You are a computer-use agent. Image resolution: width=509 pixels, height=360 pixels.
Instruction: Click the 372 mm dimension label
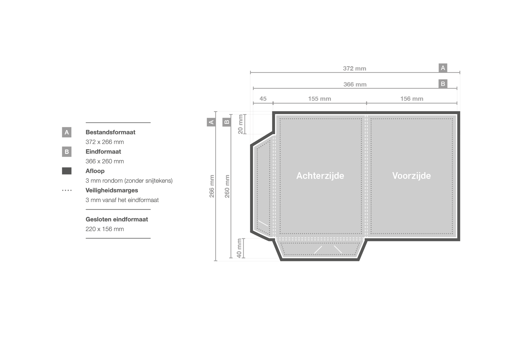pyautogui.click(x=355, y=69)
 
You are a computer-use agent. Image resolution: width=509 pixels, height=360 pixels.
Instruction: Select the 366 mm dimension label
pyautogui.click(x=355, y=84)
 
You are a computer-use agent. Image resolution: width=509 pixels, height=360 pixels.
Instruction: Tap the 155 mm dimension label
pyautogui.click(x=320, y=99)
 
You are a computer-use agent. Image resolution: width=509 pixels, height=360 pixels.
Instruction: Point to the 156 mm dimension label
pyautogui.click(x=411, y=99)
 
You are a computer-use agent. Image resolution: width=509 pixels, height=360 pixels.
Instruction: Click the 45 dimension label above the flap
pyautogui.click(x=263, y=99)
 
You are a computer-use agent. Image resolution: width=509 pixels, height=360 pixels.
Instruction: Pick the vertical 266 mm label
pyautogui.click(x=212, y=186)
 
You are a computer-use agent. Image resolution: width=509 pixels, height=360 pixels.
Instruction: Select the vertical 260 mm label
pyautogui.click(x=227, y=186)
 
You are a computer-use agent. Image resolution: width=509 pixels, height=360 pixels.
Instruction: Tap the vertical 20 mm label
pyautogui.click(x=240, y=124)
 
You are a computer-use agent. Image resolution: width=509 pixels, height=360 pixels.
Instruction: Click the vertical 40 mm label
pyautogui.click(x=239, y=248)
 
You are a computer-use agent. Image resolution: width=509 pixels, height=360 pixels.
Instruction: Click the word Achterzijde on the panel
pyautogui.click(x=320, y=176)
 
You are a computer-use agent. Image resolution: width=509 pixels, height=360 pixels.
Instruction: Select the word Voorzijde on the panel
pyautogui.click(x=411, y=176)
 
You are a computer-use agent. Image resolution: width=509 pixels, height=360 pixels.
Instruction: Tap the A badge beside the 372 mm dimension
pyautogui.click(x=443, y=68)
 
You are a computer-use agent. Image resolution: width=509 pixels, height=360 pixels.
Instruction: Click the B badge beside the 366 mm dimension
pyautogui.click(x=443, y=84)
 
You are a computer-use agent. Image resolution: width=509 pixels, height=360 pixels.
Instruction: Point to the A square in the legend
pyautogui.click(x=67, y=132)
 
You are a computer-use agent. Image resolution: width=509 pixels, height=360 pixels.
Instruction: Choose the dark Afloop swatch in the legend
pyautogui.click(x=67, y=171)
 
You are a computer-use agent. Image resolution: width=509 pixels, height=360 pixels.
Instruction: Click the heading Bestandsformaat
pyautogui.click(x=111, y=132)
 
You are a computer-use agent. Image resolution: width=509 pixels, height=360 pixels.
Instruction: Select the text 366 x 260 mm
pyautogui.click(x=105, y=161)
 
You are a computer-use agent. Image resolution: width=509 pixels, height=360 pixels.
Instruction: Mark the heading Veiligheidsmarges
pyautogui.click(x=112, y=190)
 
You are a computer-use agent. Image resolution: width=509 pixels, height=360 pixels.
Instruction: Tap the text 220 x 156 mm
pyautogui.click(x=105, y=229)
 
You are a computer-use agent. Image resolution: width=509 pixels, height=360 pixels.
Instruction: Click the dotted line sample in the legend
pyautogui.click(x=67, y=190)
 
